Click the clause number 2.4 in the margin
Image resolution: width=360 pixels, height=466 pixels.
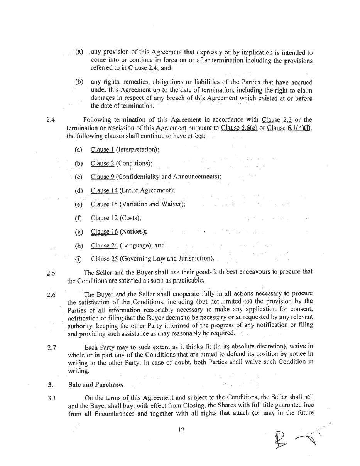50,119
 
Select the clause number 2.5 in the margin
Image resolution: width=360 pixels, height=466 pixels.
51,273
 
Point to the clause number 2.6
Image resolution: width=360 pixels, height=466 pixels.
51,295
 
